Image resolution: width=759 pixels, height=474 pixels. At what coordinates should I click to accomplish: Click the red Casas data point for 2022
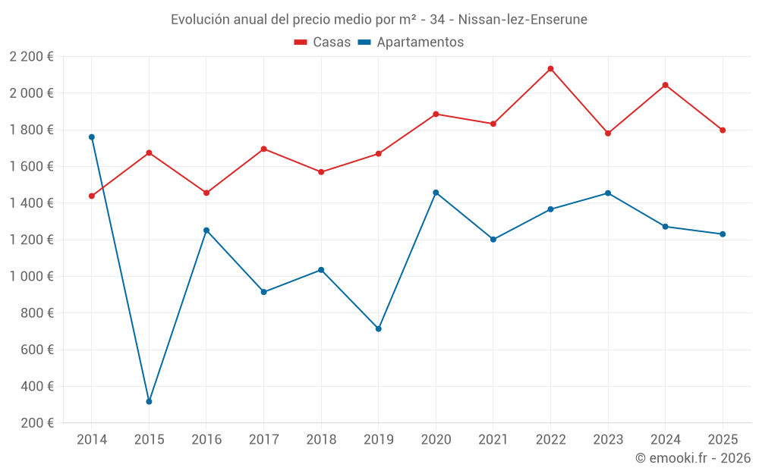(x=550, y=69)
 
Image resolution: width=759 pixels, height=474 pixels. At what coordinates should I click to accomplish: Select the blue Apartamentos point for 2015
(x=149, y=401)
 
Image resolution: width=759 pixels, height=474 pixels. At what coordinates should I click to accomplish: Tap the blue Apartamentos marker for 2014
(x=92, y=137)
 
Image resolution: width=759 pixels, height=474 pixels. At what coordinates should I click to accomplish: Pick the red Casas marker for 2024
(x=665, y=85)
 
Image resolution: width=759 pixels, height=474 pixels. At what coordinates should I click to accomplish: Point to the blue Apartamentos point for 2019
(x=378, y=328)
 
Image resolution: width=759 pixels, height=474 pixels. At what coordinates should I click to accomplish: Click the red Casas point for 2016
(x=206, y=193)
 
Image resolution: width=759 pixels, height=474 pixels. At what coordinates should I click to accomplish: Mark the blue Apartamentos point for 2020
(x=436, y=193)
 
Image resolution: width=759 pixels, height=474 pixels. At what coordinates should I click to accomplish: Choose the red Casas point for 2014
(x=92, y=196)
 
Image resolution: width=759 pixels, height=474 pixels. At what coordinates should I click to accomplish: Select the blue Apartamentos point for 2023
(x=608, y=193)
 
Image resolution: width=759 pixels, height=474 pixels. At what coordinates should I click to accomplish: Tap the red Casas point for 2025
(x=723, y=130)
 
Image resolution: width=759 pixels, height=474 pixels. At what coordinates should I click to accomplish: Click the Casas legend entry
(x=323, y=42)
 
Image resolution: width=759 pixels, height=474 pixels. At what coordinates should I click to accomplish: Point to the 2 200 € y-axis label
(x=32, y=57)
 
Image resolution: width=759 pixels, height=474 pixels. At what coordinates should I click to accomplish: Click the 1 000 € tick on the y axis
(x=32, y=277)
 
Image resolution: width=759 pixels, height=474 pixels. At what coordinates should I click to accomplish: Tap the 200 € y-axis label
(x=36, y=423)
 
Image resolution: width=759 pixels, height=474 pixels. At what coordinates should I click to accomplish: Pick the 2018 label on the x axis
(x=321, y=440)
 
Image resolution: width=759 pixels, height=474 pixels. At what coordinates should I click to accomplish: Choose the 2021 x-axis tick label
(x=493, y=440)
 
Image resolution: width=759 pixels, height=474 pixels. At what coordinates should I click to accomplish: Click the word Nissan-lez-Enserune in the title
(x=523, y=20)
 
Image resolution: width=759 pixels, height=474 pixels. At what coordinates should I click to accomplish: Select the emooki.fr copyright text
(x=692, y=458)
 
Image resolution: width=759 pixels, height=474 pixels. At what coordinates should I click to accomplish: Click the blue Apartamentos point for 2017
(x=263, y=292)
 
